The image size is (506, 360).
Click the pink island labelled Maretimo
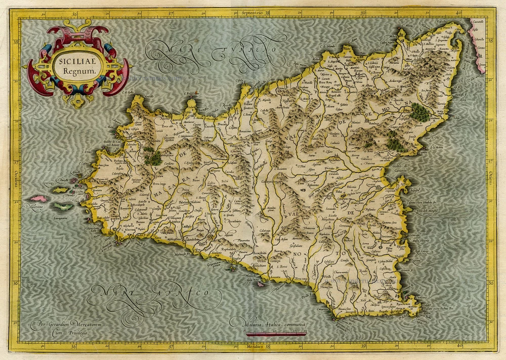coord(37,199)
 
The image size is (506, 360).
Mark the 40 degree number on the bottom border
coord(458,347)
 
